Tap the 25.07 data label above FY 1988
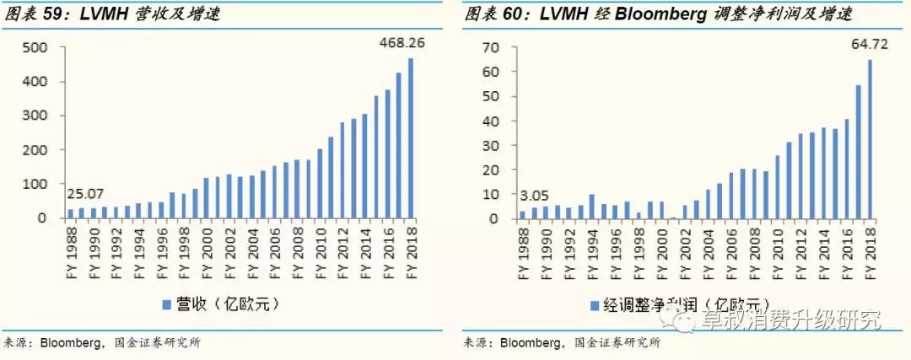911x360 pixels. [84, 196]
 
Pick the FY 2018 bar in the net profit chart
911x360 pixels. [869, 139]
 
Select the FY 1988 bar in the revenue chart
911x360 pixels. [71, 213]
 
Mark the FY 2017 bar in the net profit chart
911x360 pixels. [858, 152]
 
